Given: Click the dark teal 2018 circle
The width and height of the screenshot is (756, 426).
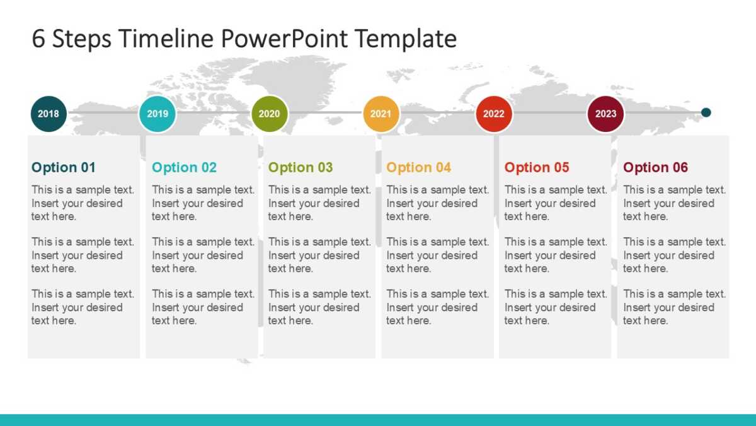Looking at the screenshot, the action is click(x=49, y=114).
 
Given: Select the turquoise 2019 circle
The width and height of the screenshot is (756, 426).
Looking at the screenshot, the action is click(x=157, y=114).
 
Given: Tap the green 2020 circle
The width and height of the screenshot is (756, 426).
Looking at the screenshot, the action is click(x=270, y=114).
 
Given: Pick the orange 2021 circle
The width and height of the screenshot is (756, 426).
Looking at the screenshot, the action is click(x=381, y=114).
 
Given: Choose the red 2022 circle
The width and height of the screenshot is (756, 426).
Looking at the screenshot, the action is click(x=494, y=114).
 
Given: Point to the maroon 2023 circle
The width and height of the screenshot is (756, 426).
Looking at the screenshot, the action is click(x=606, y=114).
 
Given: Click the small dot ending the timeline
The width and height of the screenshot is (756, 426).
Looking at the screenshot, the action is click(x=706, y=112).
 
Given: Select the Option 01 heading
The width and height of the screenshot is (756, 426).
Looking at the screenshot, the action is click(x=64, y=167).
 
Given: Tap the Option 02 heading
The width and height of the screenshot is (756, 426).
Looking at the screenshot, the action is click(x=184, y=167).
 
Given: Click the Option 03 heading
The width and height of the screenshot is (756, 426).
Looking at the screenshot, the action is click(x=301, y=167).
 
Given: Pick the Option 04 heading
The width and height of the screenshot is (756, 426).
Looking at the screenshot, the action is click(x=418, y=167).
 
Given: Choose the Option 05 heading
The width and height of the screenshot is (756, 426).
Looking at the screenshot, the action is click(x=537, y=167).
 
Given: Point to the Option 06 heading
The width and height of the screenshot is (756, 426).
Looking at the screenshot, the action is click(x=655, y=167).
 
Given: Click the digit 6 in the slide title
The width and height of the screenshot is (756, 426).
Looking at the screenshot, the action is click(x=38, y=38).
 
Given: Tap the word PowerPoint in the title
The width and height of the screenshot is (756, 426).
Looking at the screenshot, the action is click(x=284, y=38).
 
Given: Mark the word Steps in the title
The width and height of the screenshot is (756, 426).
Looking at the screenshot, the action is click(x=82, y=40).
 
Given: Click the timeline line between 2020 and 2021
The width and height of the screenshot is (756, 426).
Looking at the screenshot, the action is click(x=325, y=112).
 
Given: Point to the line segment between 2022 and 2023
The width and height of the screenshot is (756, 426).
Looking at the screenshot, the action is click(x=550, y=112).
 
